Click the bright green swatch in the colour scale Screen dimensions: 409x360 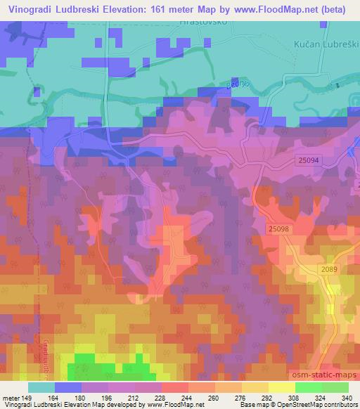point(308,387)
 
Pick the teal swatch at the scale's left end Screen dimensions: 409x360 point(41,387)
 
